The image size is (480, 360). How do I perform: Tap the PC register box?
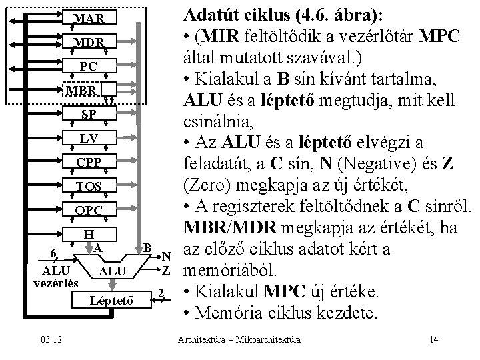coord(88,66)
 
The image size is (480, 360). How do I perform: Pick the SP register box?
coord(88,114)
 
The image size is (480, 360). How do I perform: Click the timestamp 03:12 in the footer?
coord(51,341)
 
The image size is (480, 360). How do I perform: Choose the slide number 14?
coord(434,341)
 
